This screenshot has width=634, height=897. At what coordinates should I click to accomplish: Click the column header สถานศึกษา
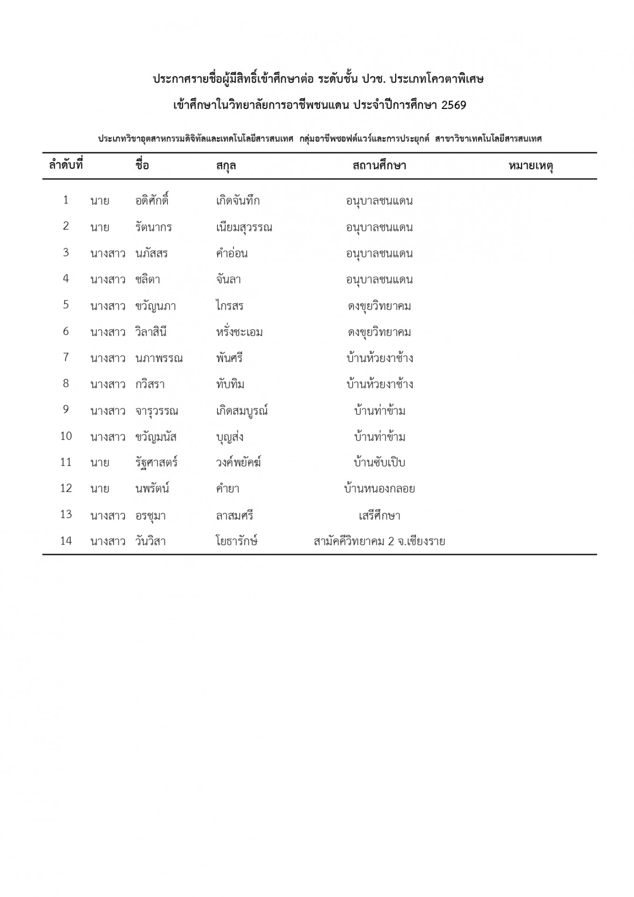coord(379,166)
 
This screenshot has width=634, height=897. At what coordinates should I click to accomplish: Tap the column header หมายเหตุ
coord(531,166)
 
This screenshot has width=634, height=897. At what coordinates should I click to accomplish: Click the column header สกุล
coord(226,166)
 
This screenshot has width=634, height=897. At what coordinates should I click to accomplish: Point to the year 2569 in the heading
coord(454,105)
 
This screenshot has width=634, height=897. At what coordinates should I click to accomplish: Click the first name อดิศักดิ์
coord(152,201)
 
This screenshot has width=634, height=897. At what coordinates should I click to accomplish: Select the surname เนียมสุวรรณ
coord(244,228)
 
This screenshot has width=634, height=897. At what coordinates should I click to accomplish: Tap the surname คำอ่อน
coord(232,254)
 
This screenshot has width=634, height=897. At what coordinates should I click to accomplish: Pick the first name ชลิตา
coord(148,280)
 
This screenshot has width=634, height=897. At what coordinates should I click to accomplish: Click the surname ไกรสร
coord(230,306)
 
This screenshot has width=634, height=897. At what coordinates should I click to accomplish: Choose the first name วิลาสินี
coord(151,332)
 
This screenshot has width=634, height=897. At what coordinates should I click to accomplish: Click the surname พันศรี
coord(229,358)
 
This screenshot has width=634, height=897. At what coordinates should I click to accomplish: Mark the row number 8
coord(66,384)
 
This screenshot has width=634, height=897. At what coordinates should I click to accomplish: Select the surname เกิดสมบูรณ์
coord(242,411)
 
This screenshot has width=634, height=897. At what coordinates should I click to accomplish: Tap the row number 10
coord(66,436)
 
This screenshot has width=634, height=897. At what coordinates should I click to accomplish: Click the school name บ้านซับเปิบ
coord(379,463)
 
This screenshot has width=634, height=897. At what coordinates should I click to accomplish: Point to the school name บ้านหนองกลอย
coord(379,489)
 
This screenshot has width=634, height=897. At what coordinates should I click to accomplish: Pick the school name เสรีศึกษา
coord(379,516)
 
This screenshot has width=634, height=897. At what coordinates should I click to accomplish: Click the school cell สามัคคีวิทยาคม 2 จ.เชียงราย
coord(379,542)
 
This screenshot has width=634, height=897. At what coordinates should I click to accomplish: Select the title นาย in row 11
coord(100,463)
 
